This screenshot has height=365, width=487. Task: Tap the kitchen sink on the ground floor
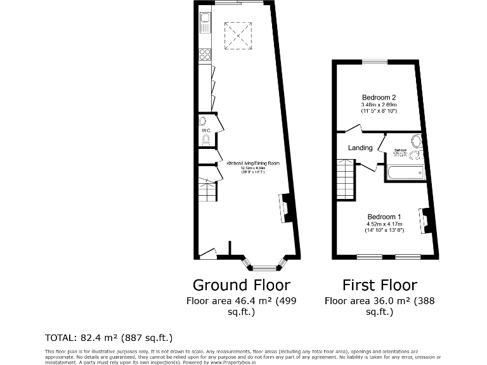205,25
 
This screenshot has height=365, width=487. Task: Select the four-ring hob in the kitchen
205,55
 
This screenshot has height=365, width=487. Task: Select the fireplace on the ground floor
285,208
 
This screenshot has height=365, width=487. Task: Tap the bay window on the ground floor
264,265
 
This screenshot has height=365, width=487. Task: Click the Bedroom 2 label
379,98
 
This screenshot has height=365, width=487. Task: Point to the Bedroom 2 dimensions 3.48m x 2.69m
379,105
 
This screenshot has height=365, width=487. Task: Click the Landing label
360,148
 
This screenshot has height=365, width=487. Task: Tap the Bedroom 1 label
384,216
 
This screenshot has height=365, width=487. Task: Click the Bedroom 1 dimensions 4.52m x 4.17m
384,223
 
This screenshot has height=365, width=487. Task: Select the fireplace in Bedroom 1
423,221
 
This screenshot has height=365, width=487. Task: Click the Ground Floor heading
241,285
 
